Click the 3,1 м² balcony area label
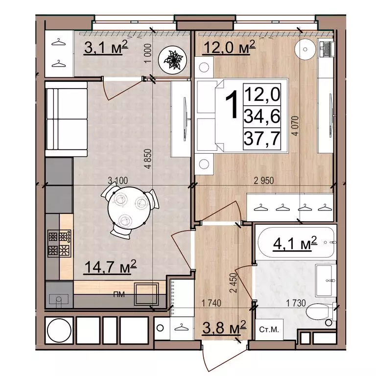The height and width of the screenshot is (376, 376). tap(106, 47)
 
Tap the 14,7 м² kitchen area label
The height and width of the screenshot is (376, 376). tap(110, 267)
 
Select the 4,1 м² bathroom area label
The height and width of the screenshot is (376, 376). tap(295, 244)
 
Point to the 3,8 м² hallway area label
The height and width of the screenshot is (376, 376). tap(224, 328)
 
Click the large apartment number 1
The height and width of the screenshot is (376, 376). tap(232, 104)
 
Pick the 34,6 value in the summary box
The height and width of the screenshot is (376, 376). tap(262, 116)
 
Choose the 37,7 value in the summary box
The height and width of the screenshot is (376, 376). tap(262, 138)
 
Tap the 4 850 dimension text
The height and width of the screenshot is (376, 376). tap(148, 159)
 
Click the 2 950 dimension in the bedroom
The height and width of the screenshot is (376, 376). tap(264, 181)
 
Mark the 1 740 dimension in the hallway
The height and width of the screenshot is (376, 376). tap(211, 303)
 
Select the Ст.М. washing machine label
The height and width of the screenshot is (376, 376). tap(269, 329)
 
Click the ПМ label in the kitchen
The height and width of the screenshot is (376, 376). tap(119, 294)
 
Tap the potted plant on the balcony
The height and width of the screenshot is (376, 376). tap(172, 59)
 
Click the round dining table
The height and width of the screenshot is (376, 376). tap(129, 208)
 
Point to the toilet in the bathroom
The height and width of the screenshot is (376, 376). tap(321, 312)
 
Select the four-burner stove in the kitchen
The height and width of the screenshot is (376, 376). tap(59, 243)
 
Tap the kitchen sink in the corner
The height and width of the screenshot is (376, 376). tap(59, 299)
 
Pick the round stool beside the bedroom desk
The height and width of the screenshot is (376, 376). tap(305, 49)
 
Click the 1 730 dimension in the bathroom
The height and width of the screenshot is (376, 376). tap(296, 303)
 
